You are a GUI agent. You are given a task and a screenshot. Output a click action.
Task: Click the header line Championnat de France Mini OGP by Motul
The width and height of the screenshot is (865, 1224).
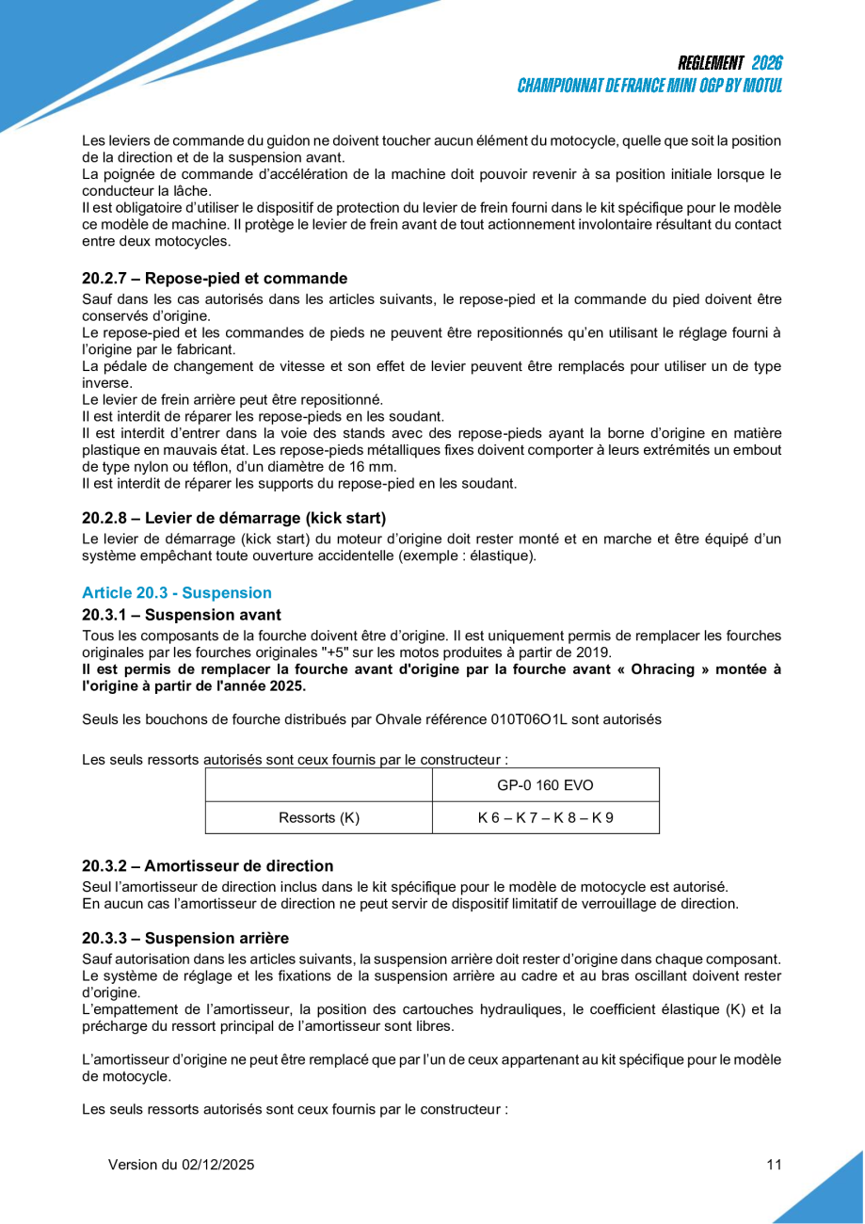[649, 86]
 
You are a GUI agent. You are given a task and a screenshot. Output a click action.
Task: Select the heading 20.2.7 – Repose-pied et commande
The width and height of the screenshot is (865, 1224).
[215, 279]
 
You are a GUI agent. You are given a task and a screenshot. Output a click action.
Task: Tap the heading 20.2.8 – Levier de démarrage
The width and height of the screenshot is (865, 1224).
[233, 518]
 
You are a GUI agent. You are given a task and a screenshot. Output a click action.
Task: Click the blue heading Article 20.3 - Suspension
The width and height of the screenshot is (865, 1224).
[177, 593]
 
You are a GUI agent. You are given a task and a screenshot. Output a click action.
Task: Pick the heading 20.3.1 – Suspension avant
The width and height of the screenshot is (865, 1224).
[181, 615]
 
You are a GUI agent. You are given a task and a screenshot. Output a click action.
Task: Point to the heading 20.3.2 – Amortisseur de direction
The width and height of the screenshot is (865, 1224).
[207, 866]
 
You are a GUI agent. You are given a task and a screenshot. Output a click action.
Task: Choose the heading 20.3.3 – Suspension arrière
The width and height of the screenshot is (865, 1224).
[184, 939]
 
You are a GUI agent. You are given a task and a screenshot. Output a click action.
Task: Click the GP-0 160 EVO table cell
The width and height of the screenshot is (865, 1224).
[545, 785]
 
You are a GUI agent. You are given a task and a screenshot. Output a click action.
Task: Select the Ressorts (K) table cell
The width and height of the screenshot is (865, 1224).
[319, 818]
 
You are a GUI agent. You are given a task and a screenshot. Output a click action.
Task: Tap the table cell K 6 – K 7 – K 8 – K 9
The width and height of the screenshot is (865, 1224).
[545, 818]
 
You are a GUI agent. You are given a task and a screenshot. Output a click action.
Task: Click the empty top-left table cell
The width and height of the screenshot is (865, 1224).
[319, 785]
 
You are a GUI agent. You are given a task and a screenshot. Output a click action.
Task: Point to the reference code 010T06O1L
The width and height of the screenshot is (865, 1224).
[529, 719]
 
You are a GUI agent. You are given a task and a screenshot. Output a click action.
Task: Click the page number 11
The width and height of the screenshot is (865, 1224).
[774, 1165]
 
